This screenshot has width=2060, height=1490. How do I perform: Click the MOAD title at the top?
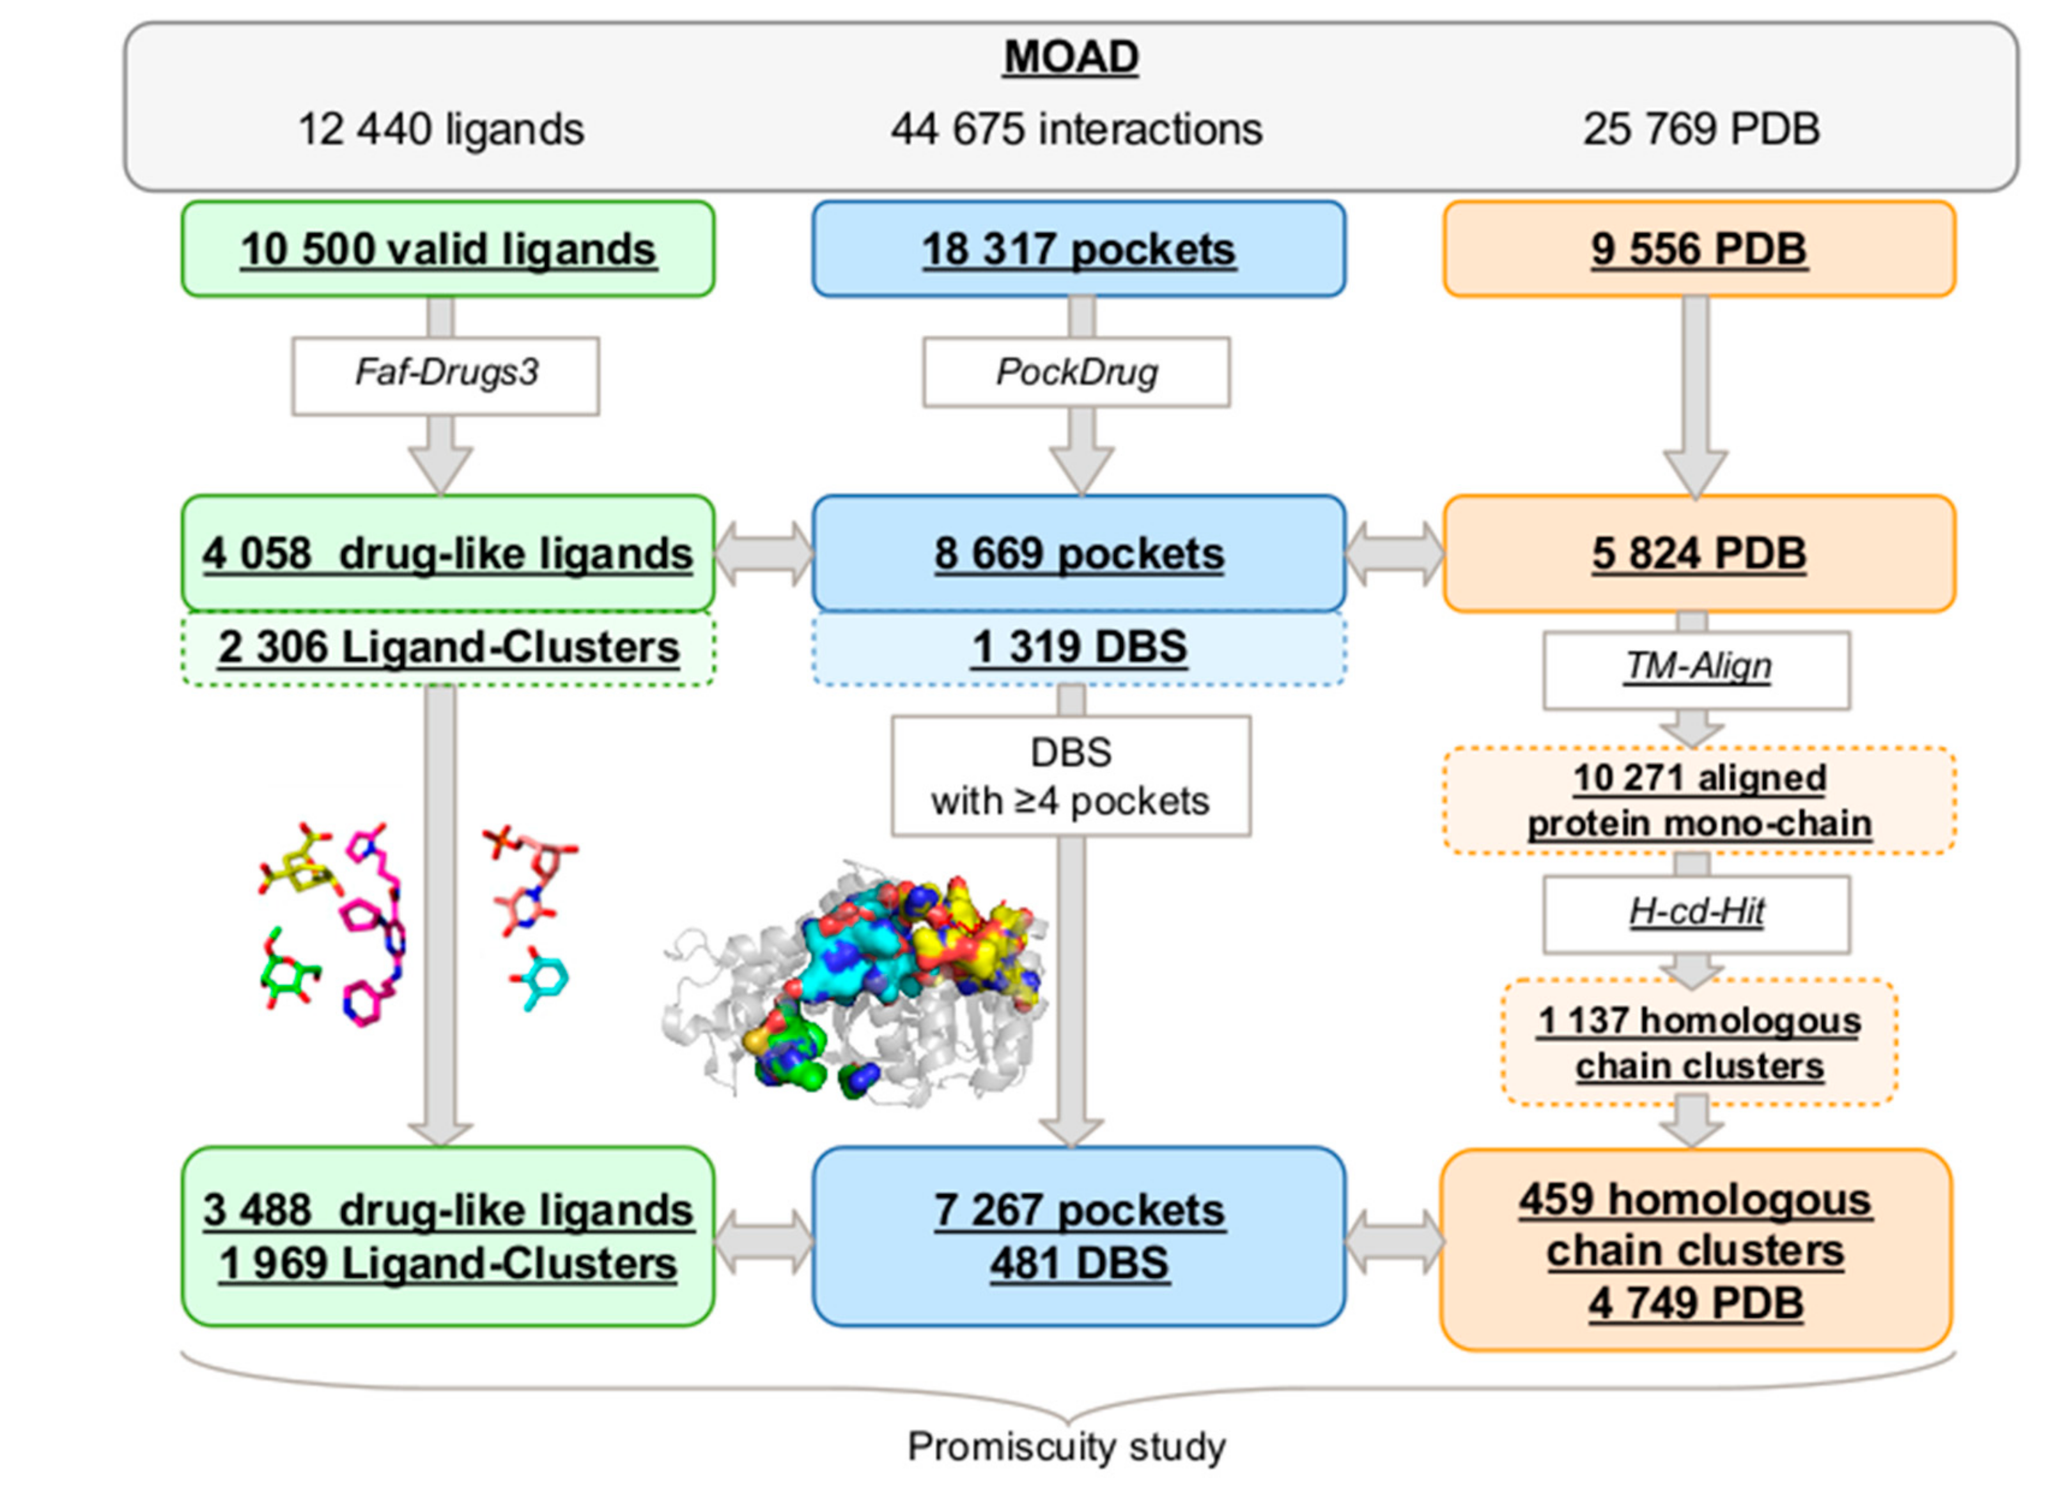[1070, 58]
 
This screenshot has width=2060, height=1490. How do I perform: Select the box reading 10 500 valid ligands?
[448, 249]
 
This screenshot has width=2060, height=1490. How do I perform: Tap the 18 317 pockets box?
[1078, 249]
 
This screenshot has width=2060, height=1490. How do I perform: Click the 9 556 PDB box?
[1698, 249]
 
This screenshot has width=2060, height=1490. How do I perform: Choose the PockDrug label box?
[1076, 373]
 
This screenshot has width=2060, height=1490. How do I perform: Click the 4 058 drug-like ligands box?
[448, 554]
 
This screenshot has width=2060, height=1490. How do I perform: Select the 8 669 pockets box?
[1078, 554]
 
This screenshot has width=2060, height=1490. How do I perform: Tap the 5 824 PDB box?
[1698, 554]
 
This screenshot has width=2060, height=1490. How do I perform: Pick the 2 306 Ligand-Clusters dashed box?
[448, 648]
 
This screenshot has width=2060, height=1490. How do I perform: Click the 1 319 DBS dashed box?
[1078, 648]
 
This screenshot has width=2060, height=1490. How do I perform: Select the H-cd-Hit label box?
[1697, 912]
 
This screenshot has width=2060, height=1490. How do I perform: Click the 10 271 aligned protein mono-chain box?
[1698, 800]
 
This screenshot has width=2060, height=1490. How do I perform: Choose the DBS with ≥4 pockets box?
[1070, 777]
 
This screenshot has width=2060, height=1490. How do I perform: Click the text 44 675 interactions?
[1076, 130]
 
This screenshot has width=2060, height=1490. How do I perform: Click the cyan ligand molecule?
[546, 979]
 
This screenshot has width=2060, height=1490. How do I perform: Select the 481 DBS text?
[1079, 1264]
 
